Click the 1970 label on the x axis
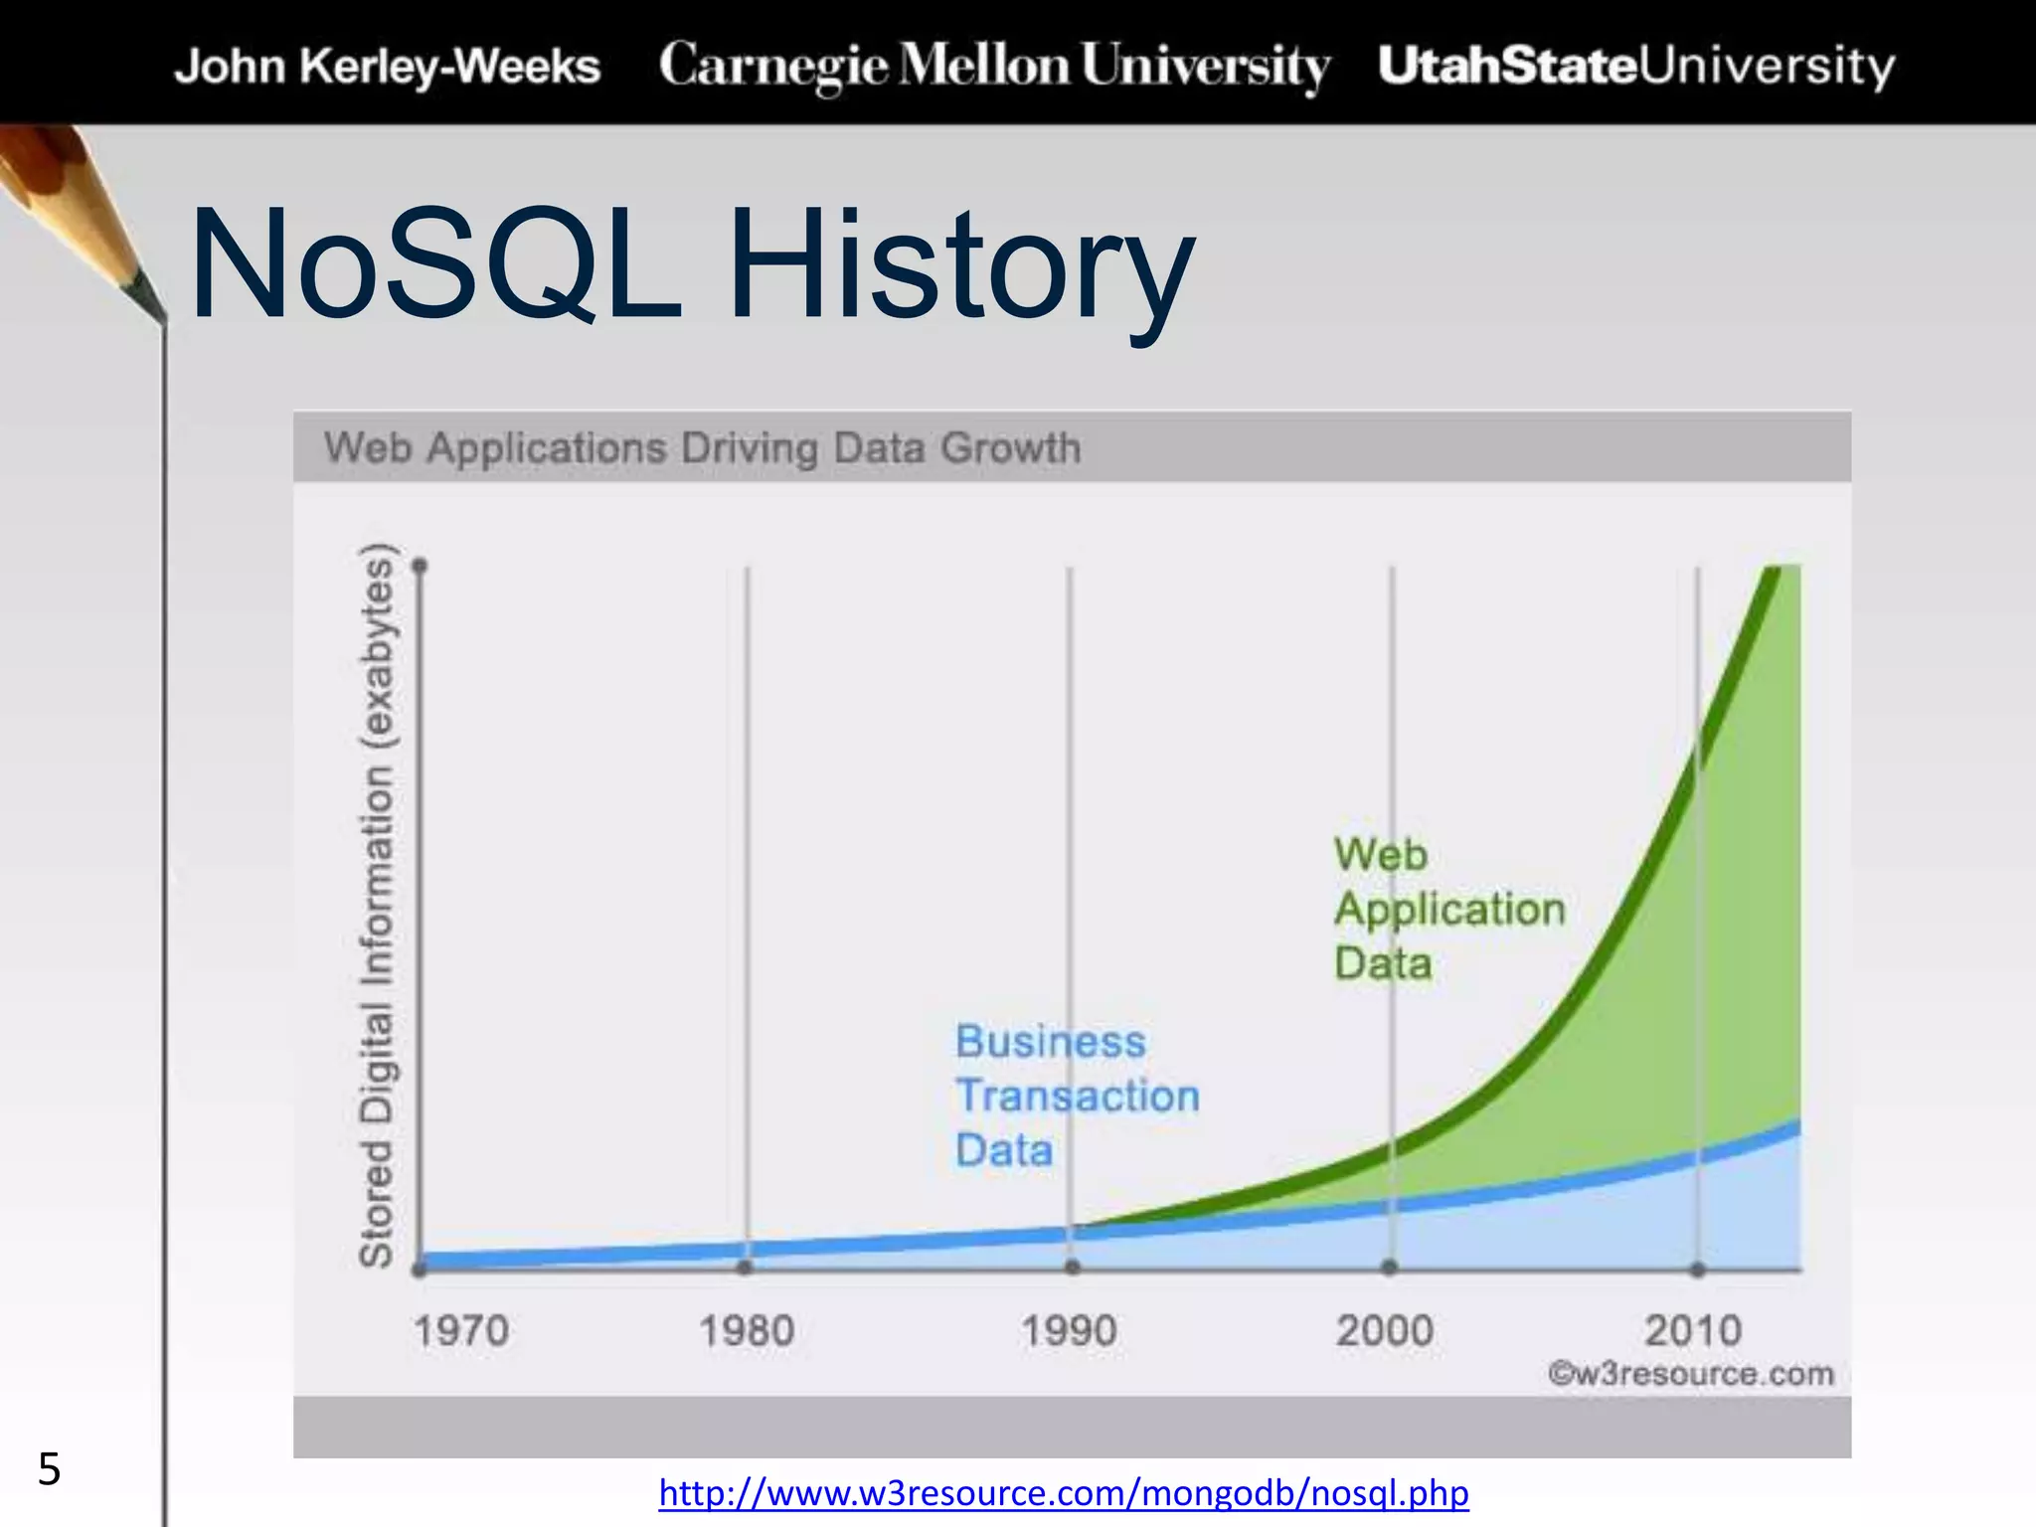(461, 1331)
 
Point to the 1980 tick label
(747, 1331)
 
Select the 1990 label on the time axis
(1070, 1331)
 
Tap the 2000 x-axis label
(1385, 1331)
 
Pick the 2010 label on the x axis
(1693, 1331)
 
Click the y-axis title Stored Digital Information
(377, 905)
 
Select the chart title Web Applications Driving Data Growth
(703, 448)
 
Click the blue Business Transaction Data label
(1077, 1096)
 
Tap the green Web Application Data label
(1448, 909)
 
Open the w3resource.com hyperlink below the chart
(1064, 1493)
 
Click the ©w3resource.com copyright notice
(1690, 1374)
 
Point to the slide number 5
(49, 1469)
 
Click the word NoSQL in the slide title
(435, 263)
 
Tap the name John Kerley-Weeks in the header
(388, 67)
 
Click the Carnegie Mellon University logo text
(994, 66)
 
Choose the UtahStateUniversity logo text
(1636, 66)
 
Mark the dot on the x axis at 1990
(1072, 1268)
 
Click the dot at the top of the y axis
(421, 567)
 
